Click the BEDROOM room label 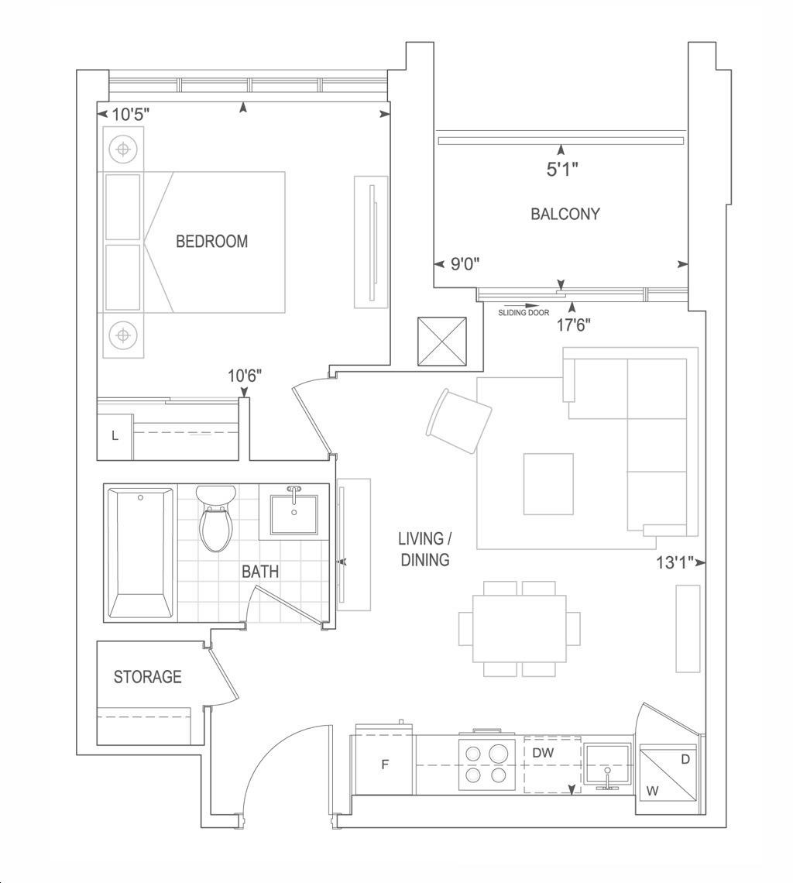211,242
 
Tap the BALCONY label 565,214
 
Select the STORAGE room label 148,676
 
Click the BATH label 260,572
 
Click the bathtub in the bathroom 140,553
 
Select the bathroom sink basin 294,514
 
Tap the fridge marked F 384,764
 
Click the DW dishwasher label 544,752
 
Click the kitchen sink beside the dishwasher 608,764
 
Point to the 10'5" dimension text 130,115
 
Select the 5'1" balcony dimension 563,169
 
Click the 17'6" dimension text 574,325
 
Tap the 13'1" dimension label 674,562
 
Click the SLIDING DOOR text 524,313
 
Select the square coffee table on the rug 548,484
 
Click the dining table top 520,628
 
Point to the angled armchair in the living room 459,421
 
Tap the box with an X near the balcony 442,342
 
